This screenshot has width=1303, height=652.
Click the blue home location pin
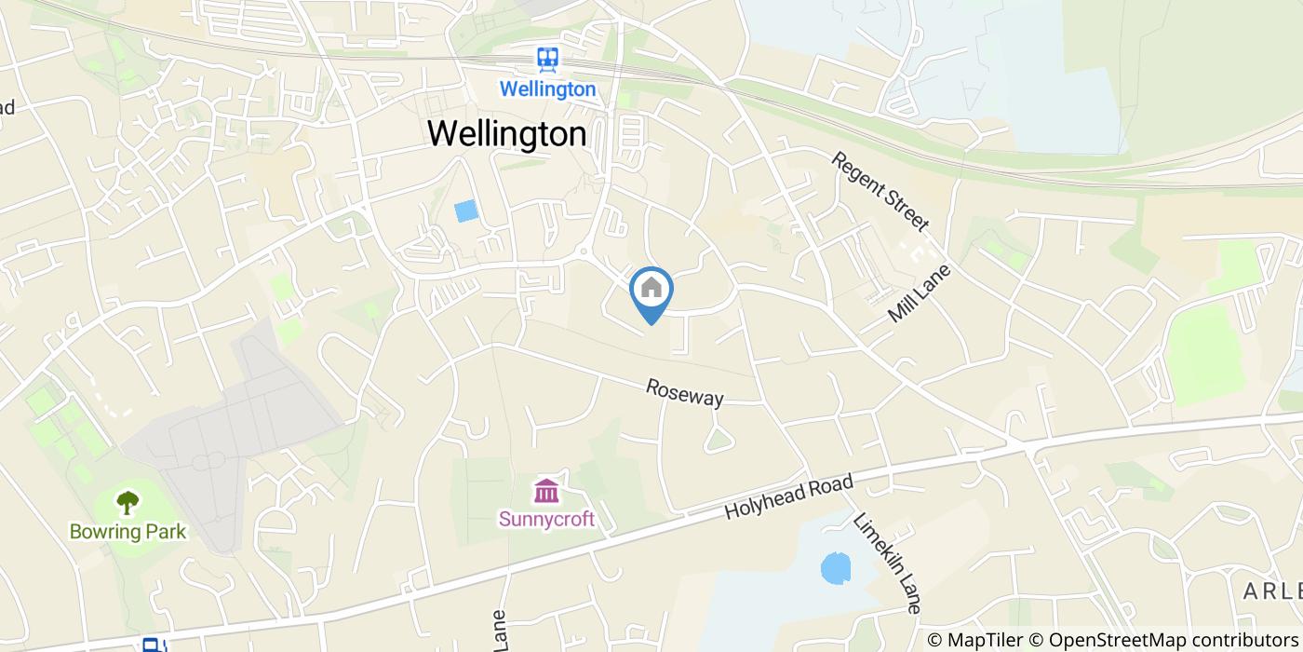651,294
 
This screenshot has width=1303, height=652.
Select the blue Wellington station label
547,89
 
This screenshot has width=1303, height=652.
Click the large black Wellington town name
507,133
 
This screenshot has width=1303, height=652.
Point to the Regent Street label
880,191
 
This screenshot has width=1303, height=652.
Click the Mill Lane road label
920,293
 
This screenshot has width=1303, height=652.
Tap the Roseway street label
685,392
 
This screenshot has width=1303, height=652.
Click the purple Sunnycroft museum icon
546,490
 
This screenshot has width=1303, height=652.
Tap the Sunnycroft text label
546,519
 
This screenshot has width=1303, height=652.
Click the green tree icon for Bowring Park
128,503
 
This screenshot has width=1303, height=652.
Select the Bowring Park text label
128,532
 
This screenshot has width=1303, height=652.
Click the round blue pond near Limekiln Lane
836,567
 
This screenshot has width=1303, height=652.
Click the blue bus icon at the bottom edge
152,645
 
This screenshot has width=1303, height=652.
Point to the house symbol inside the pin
651,287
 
